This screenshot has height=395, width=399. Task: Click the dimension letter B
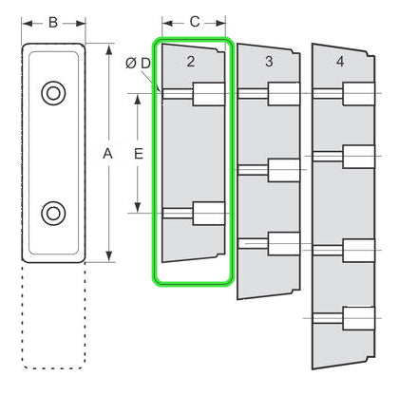[53, 23]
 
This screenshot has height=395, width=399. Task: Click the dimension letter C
[195, 22]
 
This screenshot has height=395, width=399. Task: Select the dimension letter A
[107, 154]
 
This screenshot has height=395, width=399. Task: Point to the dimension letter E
[139, 154]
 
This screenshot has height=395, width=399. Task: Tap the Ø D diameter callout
[138, 64]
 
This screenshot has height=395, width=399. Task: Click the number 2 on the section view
[190, 62]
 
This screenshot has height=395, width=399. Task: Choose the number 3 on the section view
[269, 62]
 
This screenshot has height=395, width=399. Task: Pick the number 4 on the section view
[340, 62]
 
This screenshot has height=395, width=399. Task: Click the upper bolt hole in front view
[53, 93]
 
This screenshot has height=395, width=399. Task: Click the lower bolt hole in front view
[53, 214]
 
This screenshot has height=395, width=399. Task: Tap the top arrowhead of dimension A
[109, 50]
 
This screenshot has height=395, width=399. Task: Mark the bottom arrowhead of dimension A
[109, 256]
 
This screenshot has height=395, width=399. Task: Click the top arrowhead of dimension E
[138, 100]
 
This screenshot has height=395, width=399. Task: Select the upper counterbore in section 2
[209, 94]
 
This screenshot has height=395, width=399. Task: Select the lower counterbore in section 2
[209, 214]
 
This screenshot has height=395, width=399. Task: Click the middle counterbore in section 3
[284, 170]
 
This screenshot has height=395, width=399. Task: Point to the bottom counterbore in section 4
[359, 318]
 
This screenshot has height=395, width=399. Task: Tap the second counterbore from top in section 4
[359, 157]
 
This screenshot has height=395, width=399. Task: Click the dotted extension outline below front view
[54, 316]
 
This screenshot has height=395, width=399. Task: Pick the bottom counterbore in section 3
[284, 244]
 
